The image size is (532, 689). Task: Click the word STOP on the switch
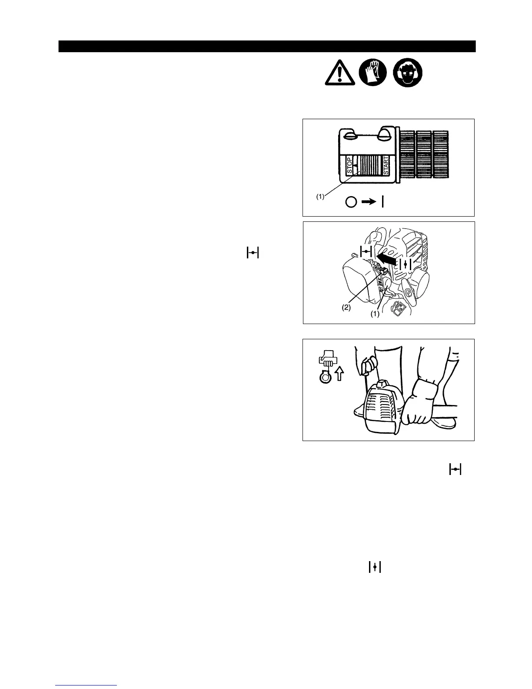click(349, 165)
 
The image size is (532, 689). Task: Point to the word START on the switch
click(386, 165)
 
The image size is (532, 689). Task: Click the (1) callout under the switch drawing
click(320, 197)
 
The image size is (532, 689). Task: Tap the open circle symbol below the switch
click(351, 202)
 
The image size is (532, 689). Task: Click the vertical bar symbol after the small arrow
click(382, 202)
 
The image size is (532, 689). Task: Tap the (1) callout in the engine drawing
click(375, 314)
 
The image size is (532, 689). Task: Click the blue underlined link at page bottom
click(86, 686)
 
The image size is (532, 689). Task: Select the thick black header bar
click(267, 46)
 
